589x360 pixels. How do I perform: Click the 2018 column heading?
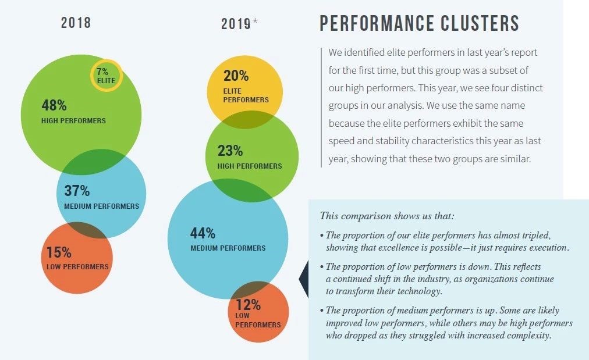76,23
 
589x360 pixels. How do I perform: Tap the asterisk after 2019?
255,22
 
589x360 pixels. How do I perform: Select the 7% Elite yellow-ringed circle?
106,76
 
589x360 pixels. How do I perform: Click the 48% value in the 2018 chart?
54,106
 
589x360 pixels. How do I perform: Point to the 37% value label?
77,191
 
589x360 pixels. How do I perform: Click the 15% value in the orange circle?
59,252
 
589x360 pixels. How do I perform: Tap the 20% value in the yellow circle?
236,76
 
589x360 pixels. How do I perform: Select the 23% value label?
230,151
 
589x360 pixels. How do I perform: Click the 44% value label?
203,233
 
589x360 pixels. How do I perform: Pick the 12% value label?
248,304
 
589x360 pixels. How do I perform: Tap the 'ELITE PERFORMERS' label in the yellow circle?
246,95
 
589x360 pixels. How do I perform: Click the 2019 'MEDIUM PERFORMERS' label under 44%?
228,248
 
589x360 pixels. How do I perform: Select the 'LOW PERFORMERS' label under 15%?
77,267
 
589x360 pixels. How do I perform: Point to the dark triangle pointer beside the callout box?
303,280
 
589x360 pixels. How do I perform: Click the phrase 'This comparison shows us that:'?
387,216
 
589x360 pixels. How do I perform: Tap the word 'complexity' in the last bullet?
526,336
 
